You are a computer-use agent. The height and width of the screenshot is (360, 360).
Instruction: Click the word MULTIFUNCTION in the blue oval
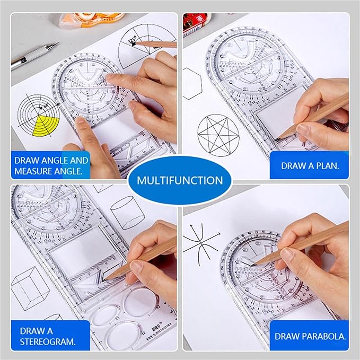tap(180, 180)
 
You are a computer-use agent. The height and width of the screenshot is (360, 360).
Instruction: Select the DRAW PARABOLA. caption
tap(310, 336)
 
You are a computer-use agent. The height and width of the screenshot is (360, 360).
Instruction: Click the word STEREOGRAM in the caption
tap(48, 341)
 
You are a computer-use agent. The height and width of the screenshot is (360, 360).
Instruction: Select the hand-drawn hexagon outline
tap(191, 83)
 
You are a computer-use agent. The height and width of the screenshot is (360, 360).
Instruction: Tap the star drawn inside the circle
tap(216, 134)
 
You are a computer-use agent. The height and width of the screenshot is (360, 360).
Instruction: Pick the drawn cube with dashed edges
tap(30, 288)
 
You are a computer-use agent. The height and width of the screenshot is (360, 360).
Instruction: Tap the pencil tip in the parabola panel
tap(253, 264)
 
